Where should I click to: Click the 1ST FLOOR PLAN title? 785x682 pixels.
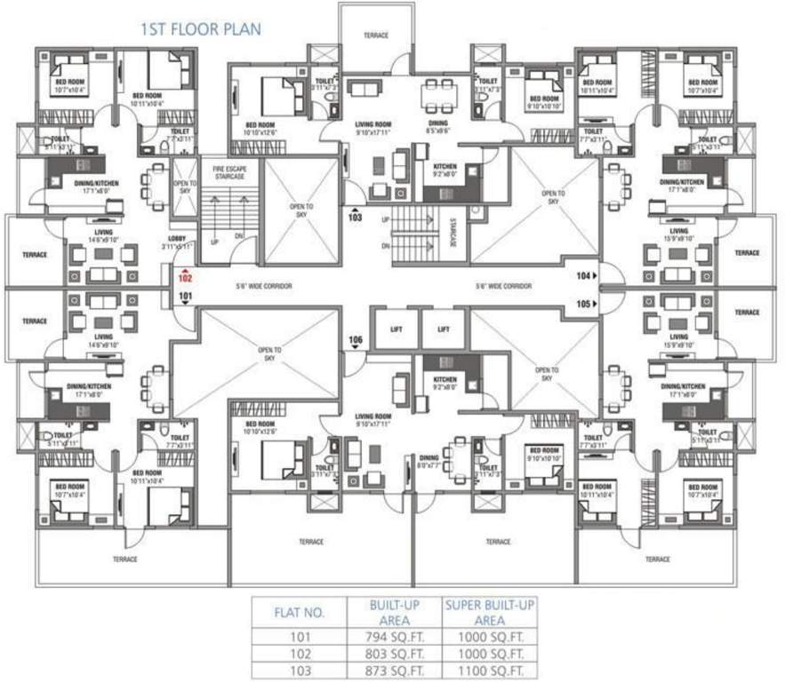[x=200, y=29]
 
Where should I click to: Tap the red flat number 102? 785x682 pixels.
[x=185, y=278]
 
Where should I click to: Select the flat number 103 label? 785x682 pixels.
[x=356, y=216]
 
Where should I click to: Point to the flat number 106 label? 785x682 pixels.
[x=356, y=340]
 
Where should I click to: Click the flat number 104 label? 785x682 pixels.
[x=583, y=276]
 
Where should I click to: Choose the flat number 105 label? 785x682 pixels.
[x=583, y=303]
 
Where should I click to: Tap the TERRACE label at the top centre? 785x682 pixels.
[x=376, y=36]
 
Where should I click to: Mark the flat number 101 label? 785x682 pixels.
[x=185, y=295]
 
